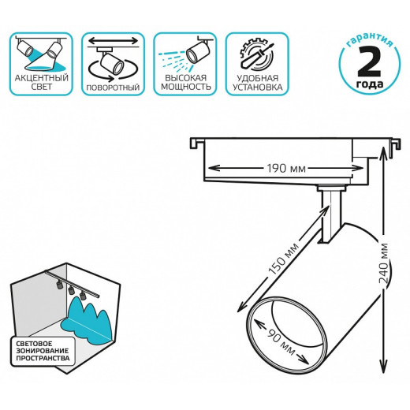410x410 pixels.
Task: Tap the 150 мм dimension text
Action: pos(283,259)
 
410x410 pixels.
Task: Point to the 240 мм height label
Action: pos(383,263)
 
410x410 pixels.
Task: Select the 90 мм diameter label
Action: pos(281,341)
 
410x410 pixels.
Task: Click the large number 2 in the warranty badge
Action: pos(369,62)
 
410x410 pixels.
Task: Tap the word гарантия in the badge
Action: pos(369,39)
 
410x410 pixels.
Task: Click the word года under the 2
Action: pos(370,84)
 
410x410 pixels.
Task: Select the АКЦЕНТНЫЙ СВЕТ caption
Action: pos(41,82)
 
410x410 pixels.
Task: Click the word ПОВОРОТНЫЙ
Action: pos(113,88)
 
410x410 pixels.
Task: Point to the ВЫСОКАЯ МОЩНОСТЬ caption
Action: pos(185,82)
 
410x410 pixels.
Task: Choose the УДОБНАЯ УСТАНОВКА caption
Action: pos(257,83)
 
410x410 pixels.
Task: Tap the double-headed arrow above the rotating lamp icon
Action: pos(113,41)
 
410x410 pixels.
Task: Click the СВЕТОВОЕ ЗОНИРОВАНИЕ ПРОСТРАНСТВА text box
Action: pos(43,351)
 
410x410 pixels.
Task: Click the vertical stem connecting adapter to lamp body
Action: pos(330,215)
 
